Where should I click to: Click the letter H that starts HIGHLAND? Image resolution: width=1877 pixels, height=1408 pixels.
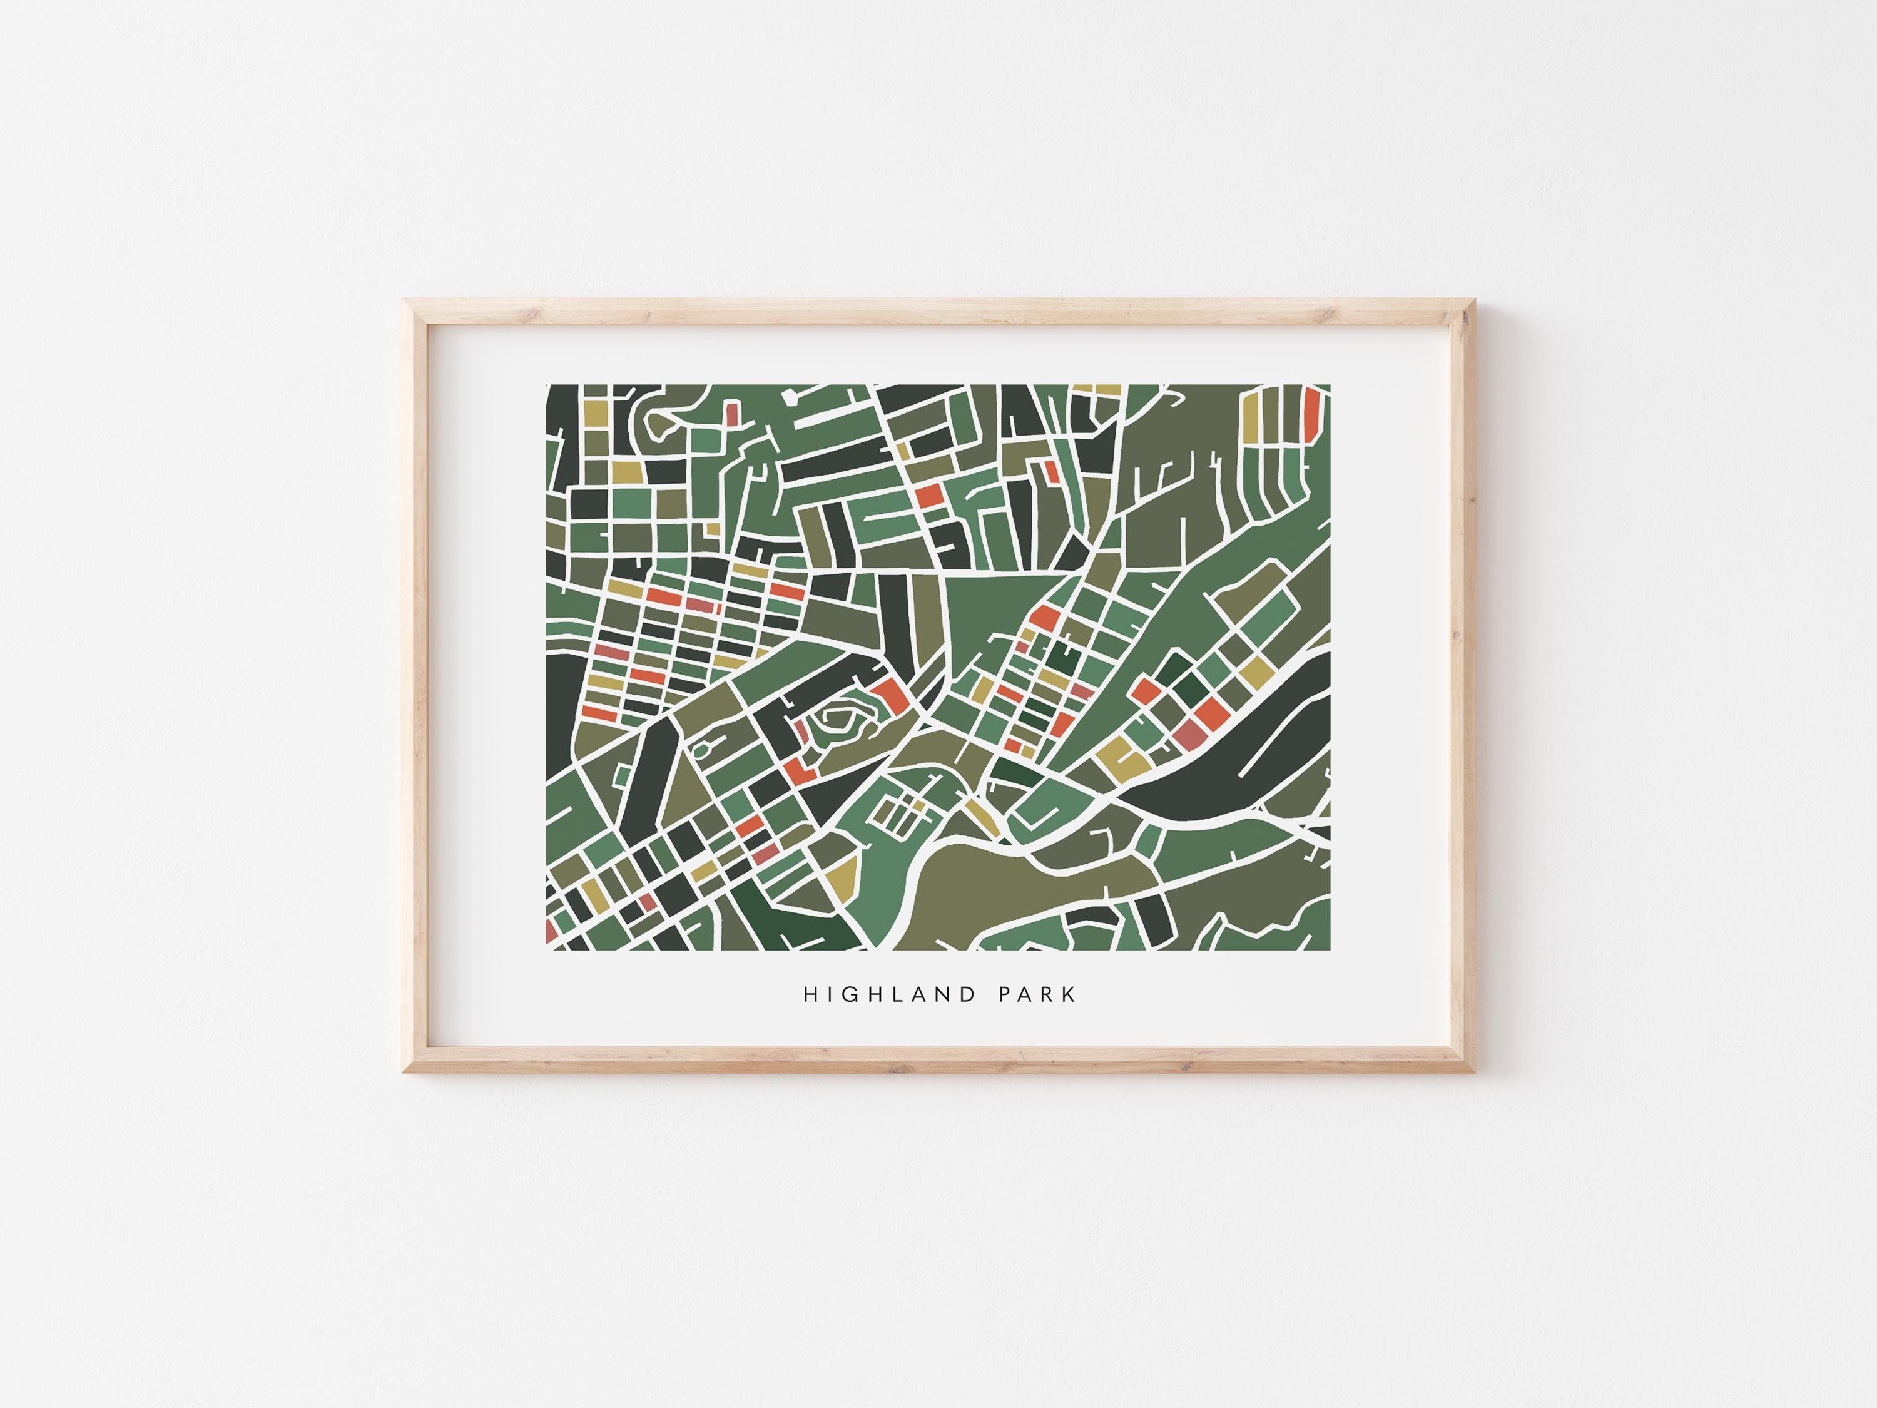[x=810, y=995]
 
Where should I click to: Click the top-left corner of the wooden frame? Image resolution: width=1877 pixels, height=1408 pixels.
[x=405, y=300]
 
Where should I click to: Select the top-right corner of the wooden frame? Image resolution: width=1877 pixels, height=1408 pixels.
[x=1475, y=300]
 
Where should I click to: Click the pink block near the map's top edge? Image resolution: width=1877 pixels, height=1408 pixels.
[x=731, y=413]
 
